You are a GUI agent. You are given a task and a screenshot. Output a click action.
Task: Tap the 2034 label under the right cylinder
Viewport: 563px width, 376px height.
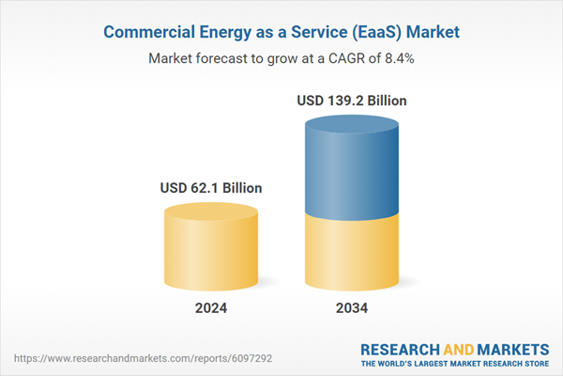coord(351,307)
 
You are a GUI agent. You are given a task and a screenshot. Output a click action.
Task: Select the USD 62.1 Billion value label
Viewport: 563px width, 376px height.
coord(211,188)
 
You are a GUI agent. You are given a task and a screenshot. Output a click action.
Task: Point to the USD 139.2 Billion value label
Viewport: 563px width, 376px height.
coord(352,100)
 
